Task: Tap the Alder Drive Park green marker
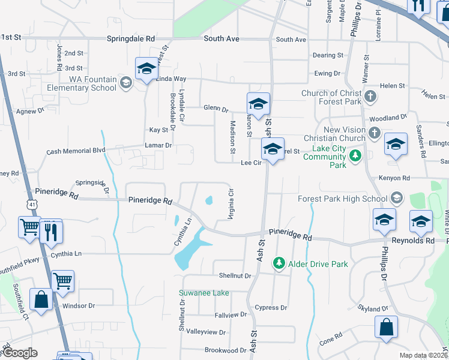278,263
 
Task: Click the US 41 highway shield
32,205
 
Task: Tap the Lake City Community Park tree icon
355,157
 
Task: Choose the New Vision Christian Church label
344,134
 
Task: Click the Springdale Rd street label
131,38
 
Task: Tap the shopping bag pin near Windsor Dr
41,301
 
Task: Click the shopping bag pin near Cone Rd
386,328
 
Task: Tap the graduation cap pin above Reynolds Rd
421,222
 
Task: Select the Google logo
19,353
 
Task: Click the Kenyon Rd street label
394,178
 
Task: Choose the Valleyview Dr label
206,332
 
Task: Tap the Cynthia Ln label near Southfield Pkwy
65,254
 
